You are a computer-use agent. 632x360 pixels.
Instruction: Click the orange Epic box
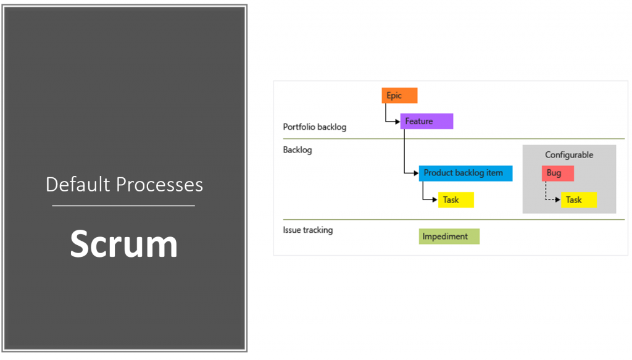tap(399, 95)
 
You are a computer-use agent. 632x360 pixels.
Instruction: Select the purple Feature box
tap(426, 121)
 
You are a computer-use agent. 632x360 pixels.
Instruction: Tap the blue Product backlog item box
tap(465, 173)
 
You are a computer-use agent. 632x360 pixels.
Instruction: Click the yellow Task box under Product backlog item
tap(456, 199)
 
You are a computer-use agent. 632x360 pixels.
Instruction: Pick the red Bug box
tap(558, 173)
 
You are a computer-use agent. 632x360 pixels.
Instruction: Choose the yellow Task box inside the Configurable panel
tap(579, 199)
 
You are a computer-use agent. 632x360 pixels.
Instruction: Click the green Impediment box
tap(449, 236)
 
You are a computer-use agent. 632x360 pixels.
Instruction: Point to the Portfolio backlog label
tap(315, 127)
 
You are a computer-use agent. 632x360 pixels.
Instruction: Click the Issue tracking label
tap(308, 230)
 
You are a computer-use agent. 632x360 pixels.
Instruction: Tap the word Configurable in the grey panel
tap(569, 155)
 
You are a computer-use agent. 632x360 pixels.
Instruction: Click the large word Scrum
tap(123, 243)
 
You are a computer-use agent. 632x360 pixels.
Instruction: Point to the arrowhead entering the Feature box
tap(397, 121)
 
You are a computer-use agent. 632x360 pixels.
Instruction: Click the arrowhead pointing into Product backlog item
tap(416, 173)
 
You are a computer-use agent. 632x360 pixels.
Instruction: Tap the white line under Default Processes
tap(123, 206)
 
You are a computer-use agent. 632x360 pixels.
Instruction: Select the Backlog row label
tap(297, 150)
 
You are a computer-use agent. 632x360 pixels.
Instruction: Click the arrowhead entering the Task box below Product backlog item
tap(435, 199)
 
